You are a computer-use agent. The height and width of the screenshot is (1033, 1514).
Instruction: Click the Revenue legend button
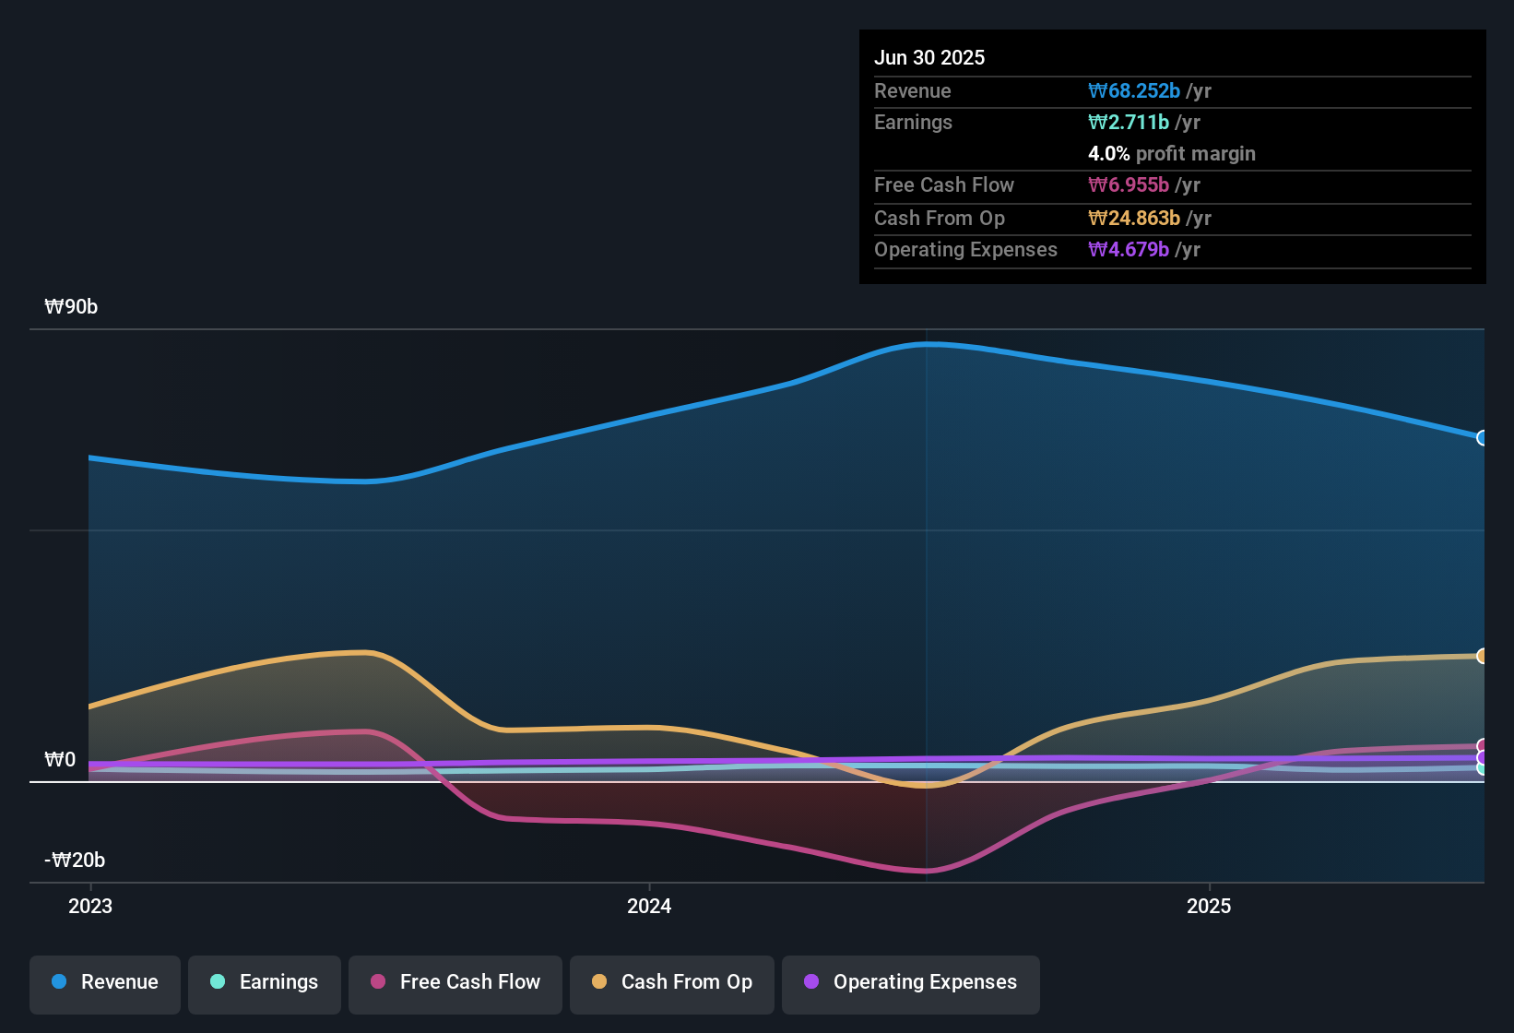click(105, 982)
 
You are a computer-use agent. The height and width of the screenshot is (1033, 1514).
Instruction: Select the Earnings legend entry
click(265, 982)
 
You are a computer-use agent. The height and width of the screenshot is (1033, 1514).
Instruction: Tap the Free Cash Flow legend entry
click(455, 982)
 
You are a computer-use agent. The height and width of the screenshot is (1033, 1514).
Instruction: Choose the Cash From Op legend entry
click(672, 982)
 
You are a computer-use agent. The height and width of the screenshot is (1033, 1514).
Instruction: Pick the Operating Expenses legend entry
click(911, 982)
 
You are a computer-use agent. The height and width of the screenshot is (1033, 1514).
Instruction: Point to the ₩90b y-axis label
click(71, 307)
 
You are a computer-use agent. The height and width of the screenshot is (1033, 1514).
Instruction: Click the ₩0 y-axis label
click(60, 760)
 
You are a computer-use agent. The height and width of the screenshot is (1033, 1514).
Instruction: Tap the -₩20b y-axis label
click(75, 861)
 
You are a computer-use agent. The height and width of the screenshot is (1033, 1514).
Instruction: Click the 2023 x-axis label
click(90, 907)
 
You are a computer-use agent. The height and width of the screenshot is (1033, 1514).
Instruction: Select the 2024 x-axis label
click(649, 907)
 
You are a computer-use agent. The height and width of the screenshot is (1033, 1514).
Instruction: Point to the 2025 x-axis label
click(1209, 907)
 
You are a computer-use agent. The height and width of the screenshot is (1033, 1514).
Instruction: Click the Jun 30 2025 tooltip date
click(929, 58)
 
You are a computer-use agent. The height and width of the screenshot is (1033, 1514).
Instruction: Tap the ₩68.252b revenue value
click(1134, 91)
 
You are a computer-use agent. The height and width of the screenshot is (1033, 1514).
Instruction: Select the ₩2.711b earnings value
click(1129, 123)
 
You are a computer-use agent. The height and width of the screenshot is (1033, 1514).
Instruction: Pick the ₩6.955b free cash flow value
click(1129, 185)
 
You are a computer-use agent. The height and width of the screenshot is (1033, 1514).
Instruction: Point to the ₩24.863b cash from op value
click(1134, 219)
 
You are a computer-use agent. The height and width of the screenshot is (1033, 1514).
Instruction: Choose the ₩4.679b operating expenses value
click(1129, 250)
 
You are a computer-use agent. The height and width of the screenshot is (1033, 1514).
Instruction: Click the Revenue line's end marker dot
click(1482, 438)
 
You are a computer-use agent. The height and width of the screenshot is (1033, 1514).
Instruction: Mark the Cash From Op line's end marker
click(1482, 656)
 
